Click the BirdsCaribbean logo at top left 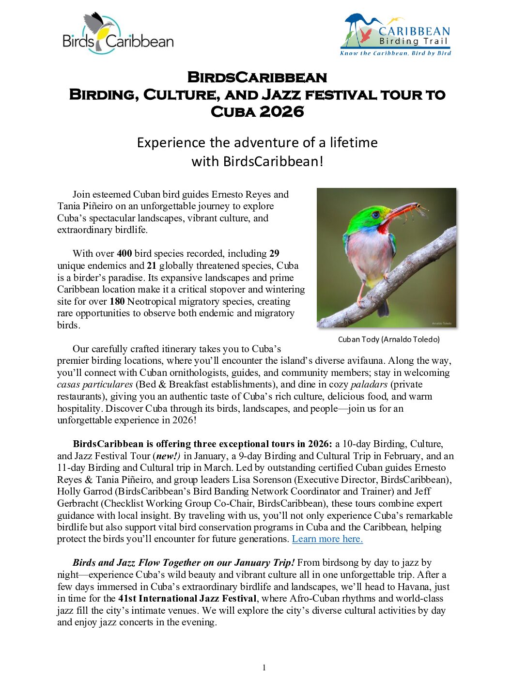tap(118, 33)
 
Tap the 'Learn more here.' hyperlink tap(327, 539)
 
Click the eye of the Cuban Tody tap(375, 214)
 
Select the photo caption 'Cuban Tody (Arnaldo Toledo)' tap(388, 339)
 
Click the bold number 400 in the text tap(124, 253)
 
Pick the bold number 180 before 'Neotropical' tap(117, 301)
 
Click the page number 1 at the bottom tap(264, 667)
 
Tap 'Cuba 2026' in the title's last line tap(257, 112)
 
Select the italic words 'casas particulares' tap(95, 384)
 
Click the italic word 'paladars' tap(369, 384)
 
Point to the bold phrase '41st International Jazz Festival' tap(187, 598)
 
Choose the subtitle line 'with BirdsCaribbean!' tap(257, 161)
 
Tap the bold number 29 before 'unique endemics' tap(274, 253)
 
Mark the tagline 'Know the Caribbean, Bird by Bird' tap(395, 53)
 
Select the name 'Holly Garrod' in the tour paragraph tap(84, 492)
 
